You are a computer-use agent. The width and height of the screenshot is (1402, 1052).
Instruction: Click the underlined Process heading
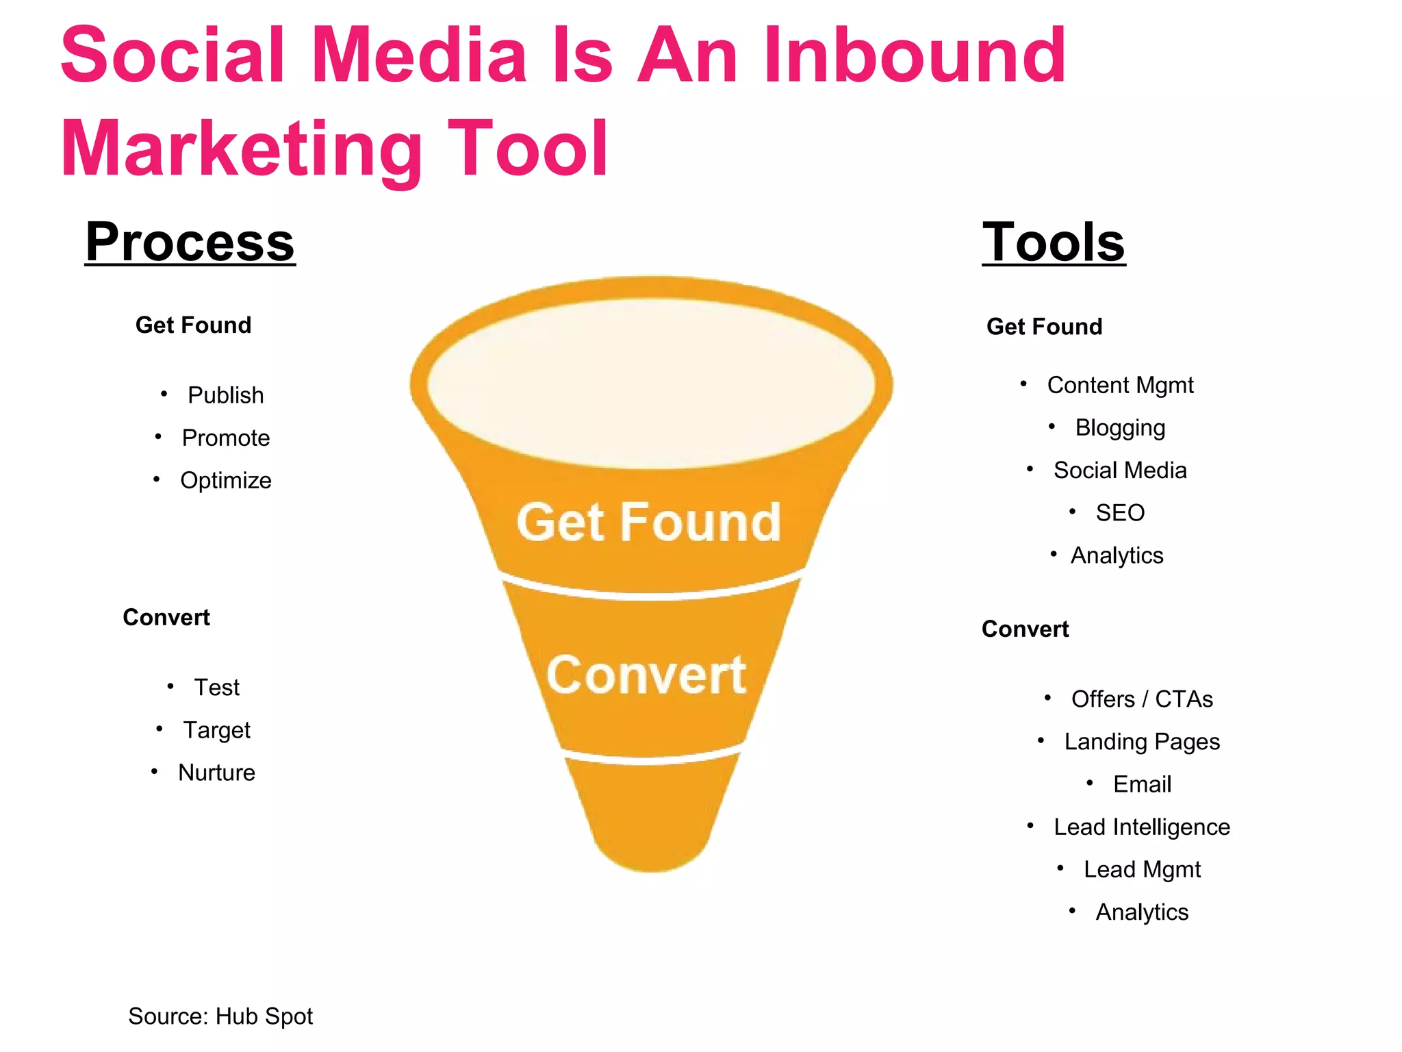point(190,242)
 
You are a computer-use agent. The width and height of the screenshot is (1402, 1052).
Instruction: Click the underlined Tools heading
point(1054,242)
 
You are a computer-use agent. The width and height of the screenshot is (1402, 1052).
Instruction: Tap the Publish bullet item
point(225,395)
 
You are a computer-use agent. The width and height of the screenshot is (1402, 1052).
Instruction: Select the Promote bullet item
point(225,438)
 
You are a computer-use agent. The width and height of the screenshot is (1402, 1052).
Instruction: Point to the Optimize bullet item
point(225,480)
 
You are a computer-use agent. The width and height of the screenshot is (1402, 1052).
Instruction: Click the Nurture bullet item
point(216,773)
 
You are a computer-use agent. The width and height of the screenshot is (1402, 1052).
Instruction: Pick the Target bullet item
point(216,730)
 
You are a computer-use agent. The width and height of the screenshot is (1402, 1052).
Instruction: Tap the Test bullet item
point(216,687)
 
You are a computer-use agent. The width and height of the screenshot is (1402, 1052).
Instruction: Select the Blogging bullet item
point(1120,427)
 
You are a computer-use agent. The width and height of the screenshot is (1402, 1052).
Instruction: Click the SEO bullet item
point(1120,512)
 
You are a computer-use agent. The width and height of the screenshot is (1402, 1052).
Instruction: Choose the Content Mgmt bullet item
point(1120,385)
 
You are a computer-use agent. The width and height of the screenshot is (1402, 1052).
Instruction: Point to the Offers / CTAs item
point(1142,699)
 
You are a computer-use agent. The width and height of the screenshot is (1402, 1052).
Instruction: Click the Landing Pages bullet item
point(1142,742)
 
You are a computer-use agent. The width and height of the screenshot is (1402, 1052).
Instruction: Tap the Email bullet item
point(1142,784)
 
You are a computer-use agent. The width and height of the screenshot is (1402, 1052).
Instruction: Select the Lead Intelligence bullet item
point(1142,827)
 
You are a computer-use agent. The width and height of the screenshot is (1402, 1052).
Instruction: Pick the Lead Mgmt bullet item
point(1142,869)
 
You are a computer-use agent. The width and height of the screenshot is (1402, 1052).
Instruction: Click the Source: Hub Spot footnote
point(220,1016)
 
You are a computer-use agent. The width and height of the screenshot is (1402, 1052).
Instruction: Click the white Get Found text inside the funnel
point(648,523)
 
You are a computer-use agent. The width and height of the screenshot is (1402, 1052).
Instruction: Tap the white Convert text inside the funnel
point(646,675)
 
